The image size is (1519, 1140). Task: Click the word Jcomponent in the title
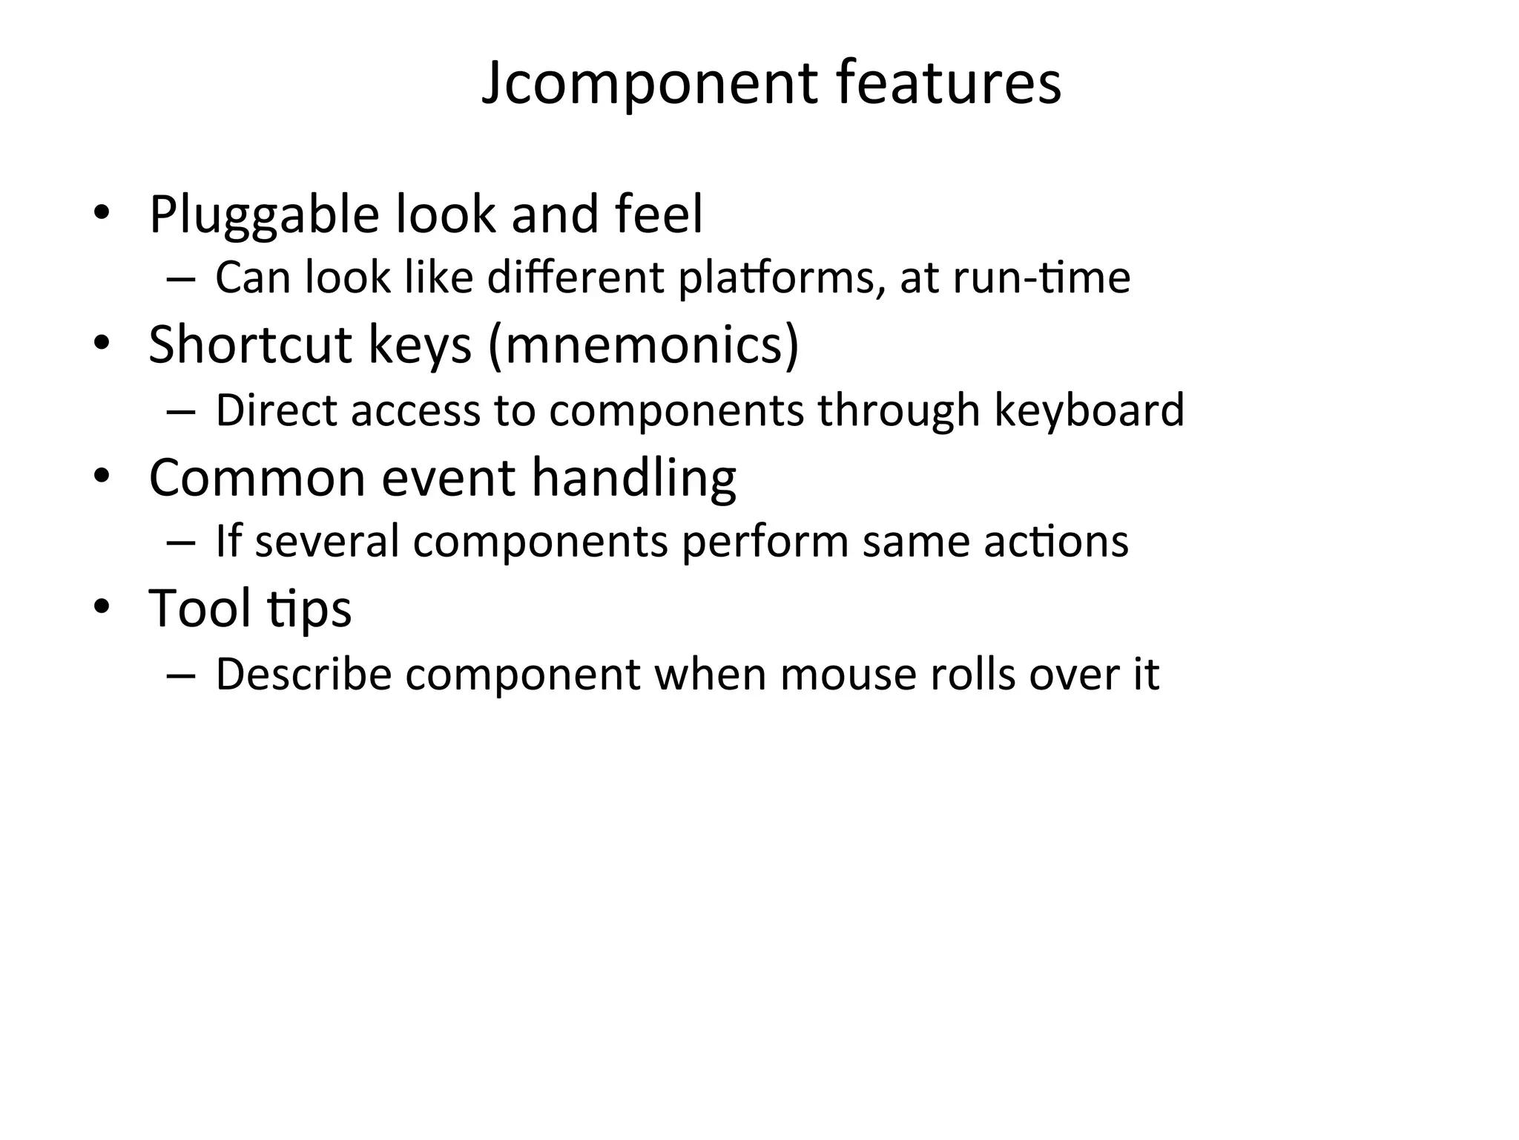pyautogui.click(x=649, y=83)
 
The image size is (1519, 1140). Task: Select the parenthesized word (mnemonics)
pyautogui.click(x=644, y=346)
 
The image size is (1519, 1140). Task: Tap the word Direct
pyautogui.click(x=277, y=410)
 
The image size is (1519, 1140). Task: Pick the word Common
pyautogui.click(x=257, y=477)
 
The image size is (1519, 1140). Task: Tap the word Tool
pyautogui.click(x=200, y=609)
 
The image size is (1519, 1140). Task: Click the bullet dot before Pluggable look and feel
pyautogui.click(x=102, y=214)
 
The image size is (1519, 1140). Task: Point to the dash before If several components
pyautogui.click(x=181, y=543)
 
